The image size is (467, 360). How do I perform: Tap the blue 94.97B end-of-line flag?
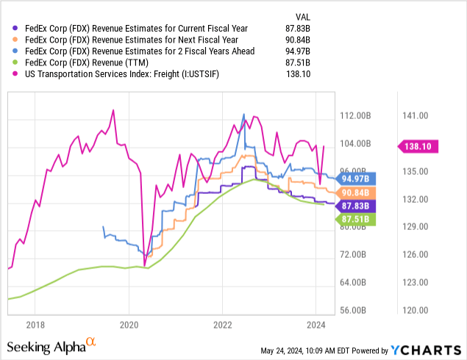(355, 178)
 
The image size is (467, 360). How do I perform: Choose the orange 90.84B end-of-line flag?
(355, 192)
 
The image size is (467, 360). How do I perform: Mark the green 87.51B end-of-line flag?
(355, 219)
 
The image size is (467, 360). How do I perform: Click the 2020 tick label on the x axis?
(129, 324)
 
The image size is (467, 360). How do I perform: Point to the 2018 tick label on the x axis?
(35, 324)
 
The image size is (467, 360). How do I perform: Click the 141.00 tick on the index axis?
(415, 115)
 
